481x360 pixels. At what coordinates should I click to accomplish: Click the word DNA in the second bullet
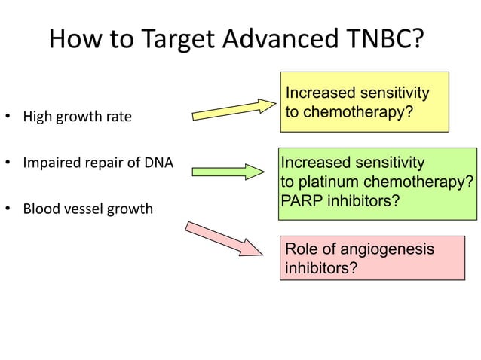[x=149, y=162]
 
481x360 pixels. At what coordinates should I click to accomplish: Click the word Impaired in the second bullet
[x=49, y=162]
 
